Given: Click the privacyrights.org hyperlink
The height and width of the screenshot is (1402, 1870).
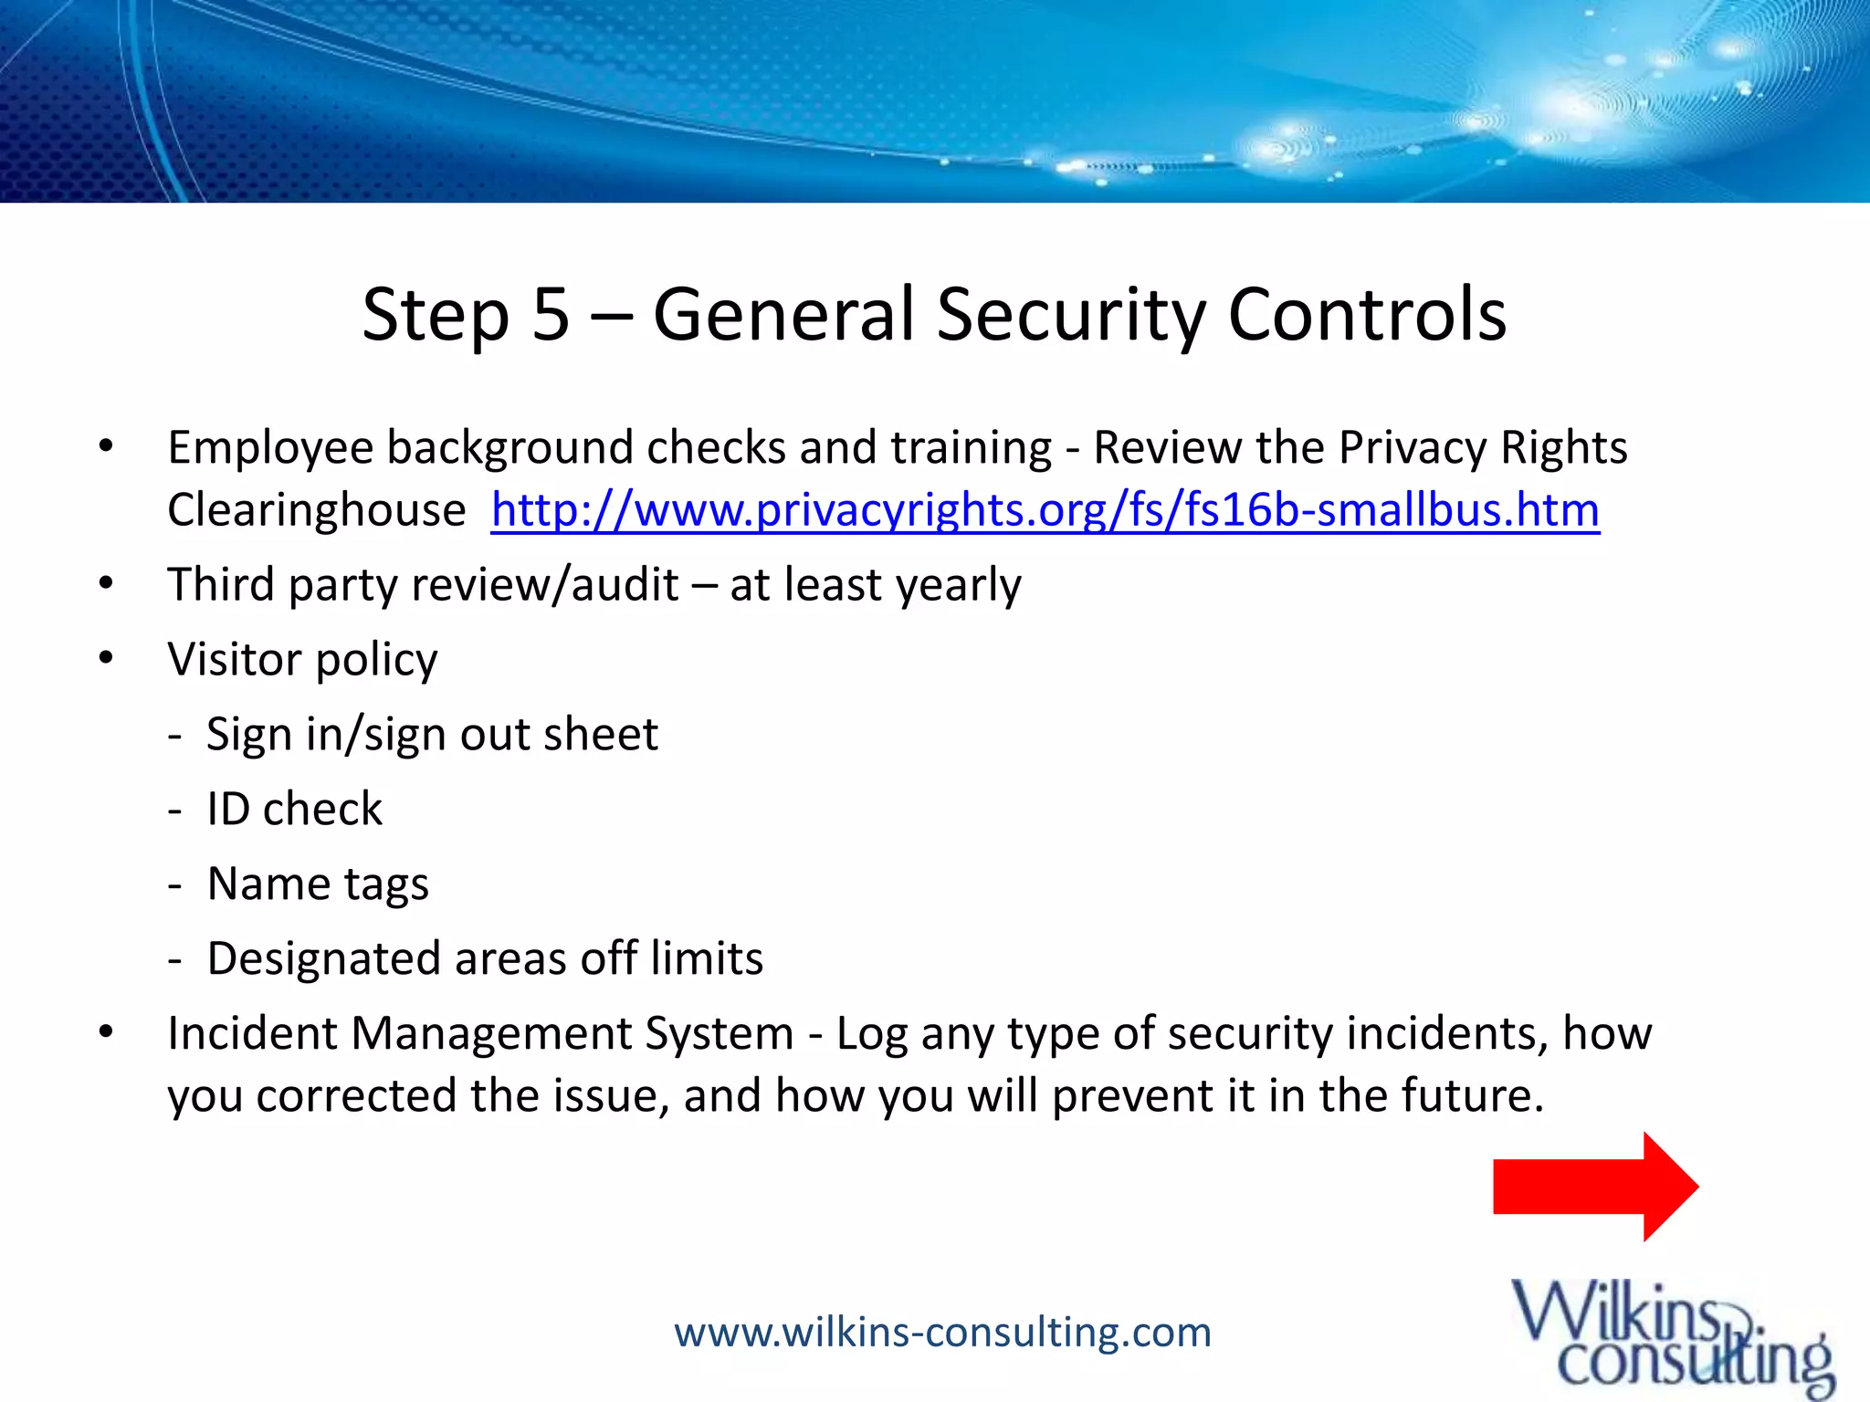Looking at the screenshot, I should tap(1045, 510).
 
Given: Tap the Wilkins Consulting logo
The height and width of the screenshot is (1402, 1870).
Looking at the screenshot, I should tap(1671, 1337).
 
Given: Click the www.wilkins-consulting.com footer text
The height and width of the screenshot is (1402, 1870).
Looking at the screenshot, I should tap(942, 1333).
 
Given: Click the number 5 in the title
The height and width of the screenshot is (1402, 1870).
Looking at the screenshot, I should tap(551, 314).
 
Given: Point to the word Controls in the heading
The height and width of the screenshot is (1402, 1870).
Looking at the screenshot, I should tap(1367, 314).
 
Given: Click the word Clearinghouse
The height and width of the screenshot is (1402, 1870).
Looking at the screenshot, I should tap(316, 510).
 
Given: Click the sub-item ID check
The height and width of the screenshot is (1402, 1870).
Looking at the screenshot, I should tap(294, 810).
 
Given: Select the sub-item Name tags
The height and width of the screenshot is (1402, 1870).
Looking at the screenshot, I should tap(317, 884).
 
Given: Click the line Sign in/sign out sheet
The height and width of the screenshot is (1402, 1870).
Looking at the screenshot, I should tap(431, 735).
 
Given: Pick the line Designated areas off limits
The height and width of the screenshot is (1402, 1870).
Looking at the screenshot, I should tap(484, 959).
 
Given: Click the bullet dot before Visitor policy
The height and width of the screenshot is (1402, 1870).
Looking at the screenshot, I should tap(106, 658).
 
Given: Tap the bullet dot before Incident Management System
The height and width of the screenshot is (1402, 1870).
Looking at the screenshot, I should tap(106, 1032).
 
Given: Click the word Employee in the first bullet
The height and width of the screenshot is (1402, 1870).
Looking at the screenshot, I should tap(270, 449).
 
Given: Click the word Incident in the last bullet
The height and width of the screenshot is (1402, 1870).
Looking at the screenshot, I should tap(252, 1034).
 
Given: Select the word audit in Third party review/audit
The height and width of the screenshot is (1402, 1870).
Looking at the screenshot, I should tap(625, 585).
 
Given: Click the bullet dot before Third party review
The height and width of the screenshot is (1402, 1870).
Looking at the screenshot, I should tap(106, 583).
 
